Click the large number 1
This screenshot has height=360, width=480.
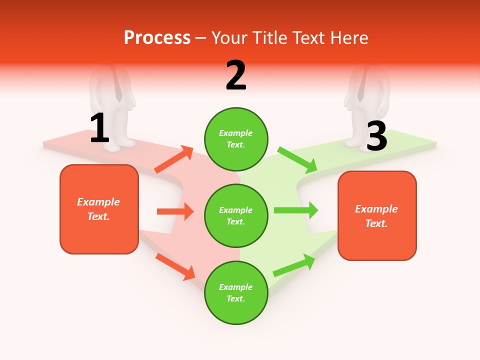pos(99,128)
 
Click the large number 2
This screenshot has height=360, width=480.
pos(236,75)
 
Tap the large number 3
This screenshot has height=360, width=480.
pos(376,136)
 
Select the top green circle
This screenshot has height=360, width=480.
pos(236,138)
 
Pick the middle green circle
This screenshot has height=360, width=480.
pos(236,215)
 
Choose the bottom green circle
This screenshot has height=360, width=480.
pos(236,292)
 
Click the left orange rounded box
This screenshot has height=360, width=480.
pos(99,209)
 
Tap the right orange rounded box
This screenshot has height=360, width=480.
pos(377,216)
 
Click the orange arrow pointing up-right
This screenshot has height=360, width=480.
pos(174,159)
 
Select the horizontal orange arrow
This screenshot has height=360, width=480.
pos(175,211)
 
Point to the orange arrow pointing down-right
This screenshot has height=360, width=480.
pos(175,266)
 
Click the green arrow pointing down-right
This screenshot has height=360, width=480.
pos(297,159)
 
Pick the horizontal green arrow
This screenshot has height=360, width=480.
pos(295,210)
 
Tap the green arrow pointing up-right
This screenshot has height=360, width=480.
pos(294,265)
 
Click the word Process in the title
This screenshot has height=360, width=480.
pos(157,37)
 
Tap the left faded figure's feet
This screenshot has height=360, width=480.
pos(119,143)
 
